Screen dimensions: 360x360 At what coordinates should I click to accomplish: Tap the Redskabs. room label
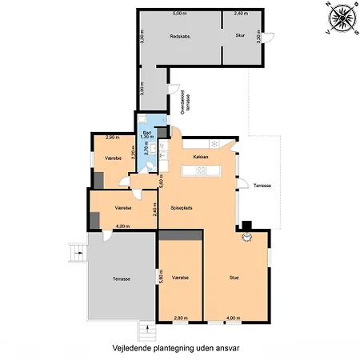click(180, 38)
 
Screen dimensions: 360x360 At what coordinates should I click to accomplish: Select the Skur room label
click(239, 36)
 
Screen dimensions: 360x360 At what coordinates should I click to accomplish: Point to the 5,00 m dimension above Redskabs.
click(178, 14)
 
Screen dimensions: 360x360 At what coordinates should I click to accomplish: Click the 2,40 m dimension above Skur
click(240, 14)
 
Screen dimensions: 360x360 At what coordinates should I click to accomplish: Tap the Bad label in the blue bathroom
click(146, 133)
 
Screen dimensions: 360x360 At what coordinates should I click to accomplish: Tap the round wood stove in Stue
click(248, 238)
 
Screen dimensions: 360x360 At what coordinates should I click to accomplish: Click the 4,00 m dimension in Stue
click(232, 318)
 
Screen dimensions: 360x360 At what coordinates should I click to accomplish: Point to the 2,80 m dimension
click(181, 318)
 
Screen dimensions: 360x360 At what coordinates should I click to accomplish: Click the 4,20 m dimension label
click(122, 226)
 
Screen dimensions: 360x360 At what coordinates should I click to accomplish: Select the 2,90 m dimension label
click(112, 138)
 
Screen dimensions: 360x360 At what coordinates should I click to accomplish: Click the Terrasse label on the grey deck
click(121, 278)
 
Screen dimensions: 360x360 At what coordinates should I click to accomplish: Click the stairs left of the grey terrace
click(78, 252)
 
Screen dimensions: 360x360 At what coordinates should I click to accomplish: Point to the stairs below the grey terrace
click(146, 329)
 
